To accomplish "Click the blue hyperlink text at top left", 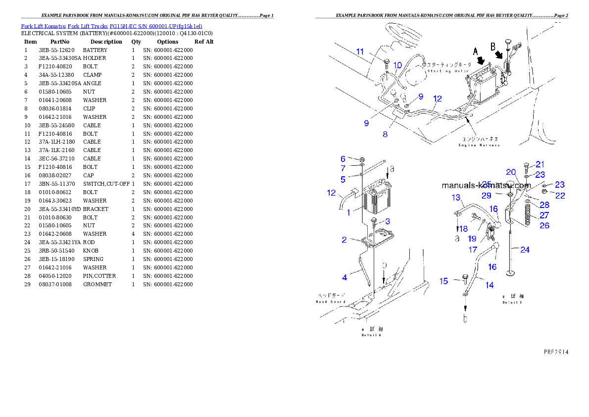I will point(111,26).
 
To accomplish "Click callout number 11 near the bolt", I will point(360,52).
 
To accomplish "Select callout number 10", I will point(397,65).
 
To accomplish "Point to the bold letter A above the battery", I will point(476,52).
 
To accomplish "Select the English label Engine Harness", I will point(479,145).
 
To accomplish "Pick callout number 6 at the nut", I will point(343,159).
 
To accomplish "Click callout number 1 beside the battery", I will point(348,212).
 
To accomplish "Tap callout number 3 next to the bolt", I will point(387,221).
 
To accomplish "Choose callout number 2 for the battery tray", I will point(344,240).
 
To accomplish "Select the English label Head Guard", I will point(331,301).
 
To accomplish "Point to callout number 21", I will point(540,164).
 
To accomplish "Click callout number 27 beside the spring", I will point(544,215).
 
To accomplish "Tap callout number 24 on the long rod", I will point(525,250).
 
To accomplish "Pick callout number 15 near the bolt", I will point(443,281).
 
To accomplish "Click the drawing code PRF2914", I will point(556,352).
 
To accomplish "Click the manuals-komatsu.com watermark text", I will point(486,185).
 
